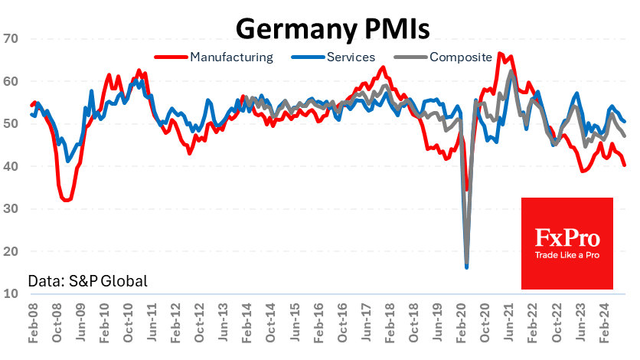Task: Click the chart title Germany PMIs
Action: (332, 28)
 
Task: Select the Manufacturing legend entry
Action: (230, 57)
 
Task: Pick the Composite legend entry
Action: (460, 57)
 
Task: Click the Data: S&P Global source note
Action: (87, 281)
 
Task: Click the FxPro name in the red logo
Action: (567, 237)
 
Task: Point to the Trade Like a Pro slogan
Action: (567, 255)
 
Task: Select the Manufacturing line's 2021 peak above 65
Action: (500, 54)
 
